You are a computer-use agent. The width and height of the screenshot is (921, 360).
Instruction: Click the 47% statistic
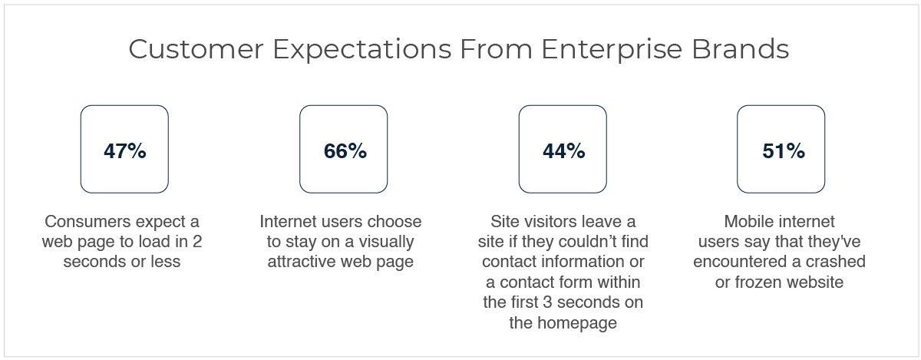[x=125, y=151]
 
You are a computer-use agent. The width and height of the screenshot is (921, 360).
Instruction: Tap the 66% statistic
[x=345, y=151]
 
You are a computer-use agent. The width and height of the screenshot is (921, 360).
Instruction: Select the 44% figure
[x=563, y=151]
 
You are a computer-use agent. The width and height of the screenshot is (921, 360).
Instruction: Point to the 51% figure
[x=784, y=151]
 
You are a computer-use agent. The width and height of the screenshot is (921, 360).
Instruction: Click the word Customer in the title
[x=196, y=49]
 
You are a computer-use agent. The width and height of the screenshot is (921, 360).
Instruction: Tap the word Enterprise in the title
[x=612, y=50]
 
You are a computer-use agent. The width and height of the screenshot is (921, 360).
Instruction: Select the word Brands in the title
[x=741, y=49]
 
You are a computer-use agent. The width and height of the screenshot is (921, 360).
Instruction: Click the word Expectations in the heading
[x=362, y=50]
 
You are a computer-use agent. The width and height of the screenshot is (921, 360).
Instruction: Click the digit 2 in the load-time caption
[x=197, y=242]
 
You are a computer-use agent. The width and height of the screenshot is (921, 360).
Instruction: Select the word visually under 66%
[x=386, y=243]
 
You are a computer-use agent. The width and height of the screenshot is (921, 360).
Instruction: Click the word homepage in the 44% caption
[x=577, y=323]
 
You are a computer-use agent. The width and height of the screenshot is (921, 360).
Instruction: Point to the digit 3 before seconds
[x=547, y=302]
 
